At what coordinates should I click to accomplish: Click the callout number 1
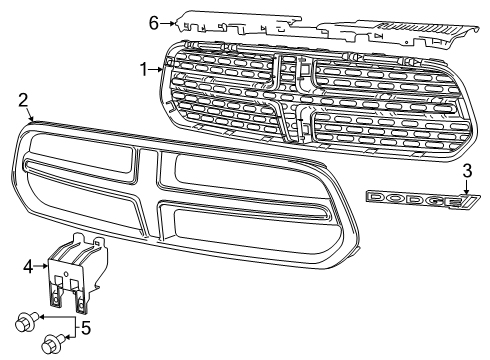click(x=144, y=69)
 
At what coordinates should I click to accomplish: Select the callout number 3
click(x=466, y=170)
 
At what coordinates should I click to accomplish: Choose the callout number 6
click(x=154, y=21)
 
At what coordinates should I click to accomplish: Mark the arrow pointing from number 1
click(x=157, y=69)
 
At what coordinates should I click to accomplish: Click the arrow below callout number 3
click(x=466, y=186)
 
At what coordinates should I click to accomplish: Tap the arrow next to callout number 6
click(x=167, y=21)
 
